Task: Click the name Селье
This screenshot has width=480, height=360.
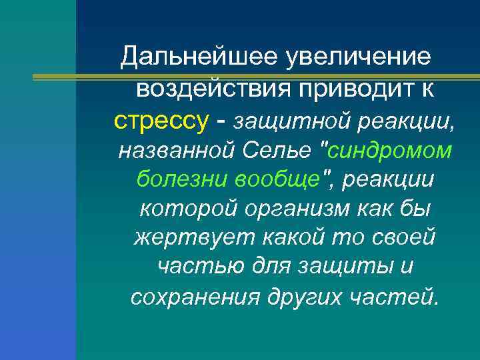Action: click(x=273, y=151)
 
